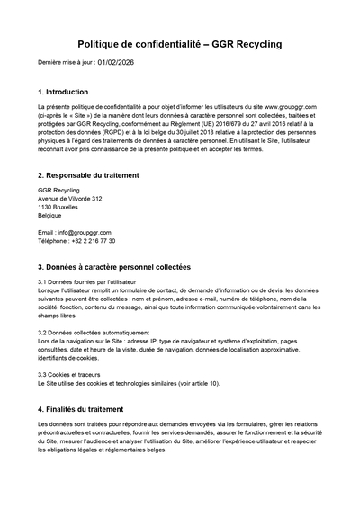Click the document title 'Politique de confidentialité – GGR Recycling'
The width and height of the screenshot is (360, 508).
coord(180,43)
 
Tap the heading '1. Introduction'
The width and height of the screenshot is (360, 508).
coord(64,92)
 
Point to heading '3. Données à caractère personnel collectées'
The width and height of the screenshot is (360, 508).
coord(115,267)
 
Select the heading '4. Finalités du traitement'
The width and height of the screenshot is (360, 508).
coord(86,408)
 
